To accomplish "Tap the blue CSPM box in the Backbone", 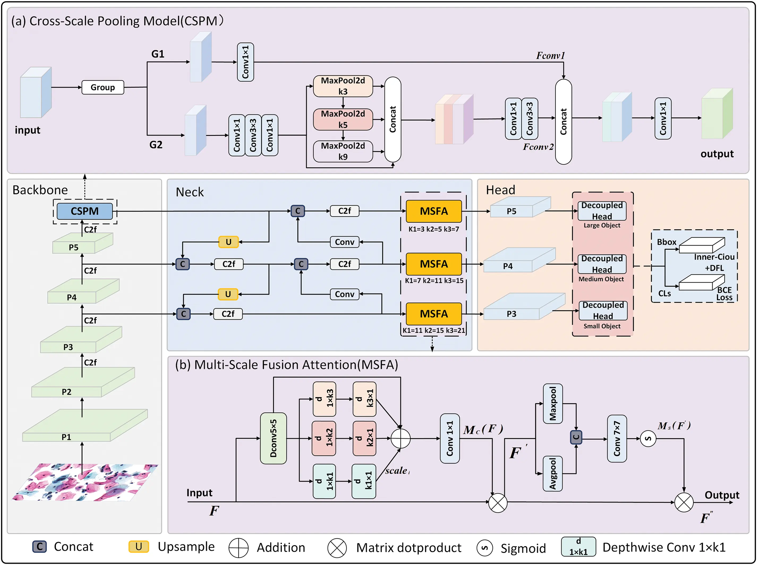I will click(x=84, y=211).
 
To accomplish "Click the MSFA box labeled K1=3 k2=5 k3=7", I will click(x=433, y=211).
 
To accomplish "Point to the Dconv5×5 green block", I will click(x=273, y=438).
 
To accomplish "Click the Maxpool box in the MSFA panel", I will click(x=552, y=404).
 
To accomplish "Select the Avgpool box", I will click(x=552, y=474).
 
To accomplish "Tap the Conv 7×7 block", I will click(x=617, y=438).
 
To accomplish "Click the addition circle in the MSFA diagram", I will click(x=400, y=438).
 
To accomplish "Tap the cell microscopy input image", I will click(x=84, y=482).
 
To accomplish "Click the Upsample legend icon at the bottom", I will click(x=139, y=546).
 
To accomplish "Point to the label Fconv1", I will click(x=550, y=55).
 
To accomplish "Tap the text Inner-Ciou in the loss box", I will click(x=714, y=257).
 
